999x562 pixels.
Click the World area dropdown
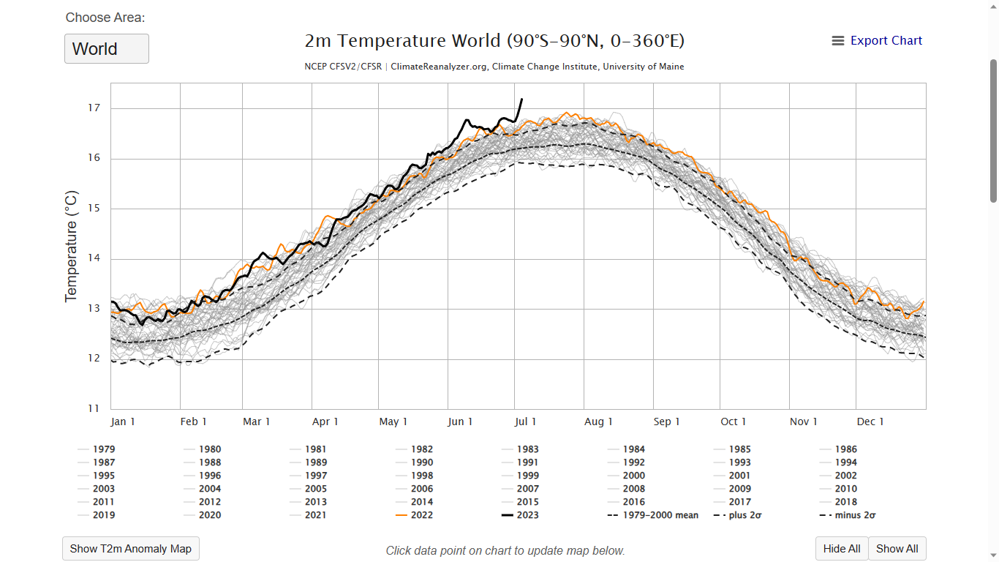tap(106, 49)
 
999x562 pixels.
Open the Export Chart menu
tap(877, 41)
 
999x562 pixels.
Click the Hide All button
tap(841, 549)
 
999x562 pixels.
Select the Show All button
tap(897, 549)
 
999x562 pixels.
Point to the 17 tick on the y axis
tap(94, 108)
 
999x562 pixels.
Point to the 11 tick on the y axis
tap(94, 408)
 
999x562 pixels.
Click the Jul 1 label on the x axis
tap(525, 421)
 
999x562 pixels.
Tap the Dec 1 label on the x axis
tap(870, 421)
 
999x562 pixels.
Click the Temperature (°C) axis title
tap(71, 246)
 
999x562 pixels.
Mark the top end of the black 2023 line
tap(521, 99)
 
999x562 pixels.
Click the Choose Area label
tap(105, 18)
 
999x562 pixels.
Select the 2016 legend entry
tap(633, 502)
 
